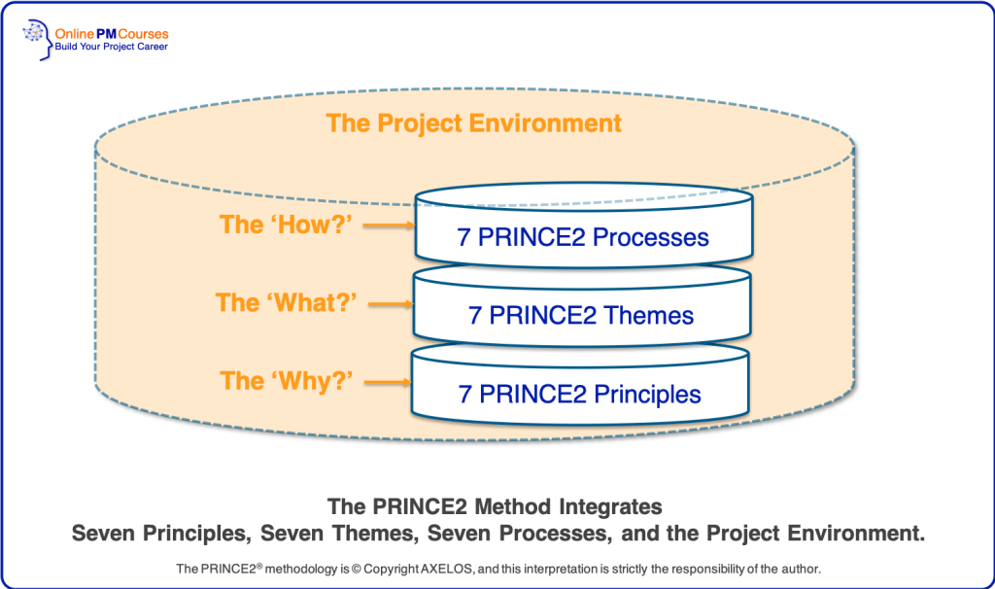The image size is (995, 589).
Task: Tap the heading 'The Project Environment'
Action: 473,123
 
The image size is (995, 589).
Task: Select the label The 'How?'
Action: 283,225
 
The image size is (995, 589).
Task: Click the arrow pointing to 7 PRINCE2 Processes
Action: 390,225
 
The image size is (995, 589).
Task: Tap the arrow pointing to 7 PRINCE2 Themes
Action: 390,303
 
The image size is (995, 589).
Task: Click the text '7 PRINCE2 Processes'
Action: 583,237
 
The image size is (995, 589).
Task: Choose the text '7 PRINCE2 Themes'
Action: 581,316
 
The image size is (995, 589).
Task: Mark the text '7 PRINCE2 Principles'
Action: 580,395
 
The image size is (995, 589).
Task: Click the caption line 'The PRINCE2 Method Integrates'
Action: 495,506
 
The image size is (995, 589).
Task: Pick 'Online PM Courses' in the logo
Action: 112,32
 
